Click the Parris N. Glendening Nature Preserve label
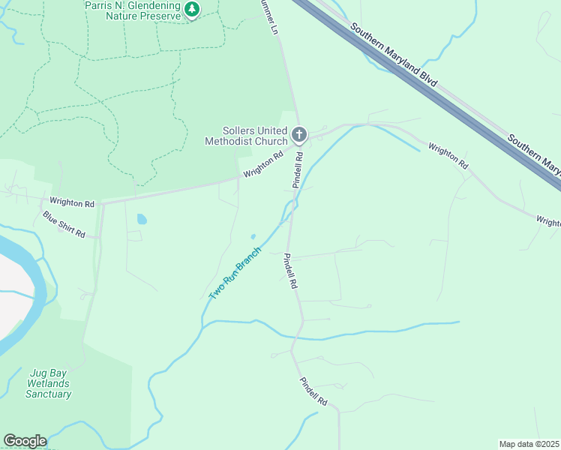(x=132, y=10)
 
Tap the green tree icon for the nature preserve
(x=193, y=9)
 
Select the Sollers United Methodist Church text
(x=246, y=136)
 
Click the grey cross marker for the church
(x=298, y=135)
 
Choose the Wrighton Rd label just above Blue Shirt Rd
(x=72, y=202)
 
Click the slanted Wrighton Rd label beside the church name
(x=262, y=166)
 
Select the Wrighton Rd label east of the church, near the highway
(x=448, y=155)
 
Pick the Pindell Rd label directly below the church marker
(x=298, y=170)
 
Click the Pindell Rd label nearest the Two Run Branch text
(x=289, y=271)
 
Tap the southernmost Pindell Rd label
(x=313, y=391)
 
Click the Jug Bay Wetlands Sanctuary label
(x=49, y=382)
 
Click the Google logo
(x=24, y=441)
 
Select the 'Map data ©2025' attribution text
(x=529, y=443)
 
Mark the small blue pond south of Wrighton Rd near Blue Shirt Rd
(x=142, y=220)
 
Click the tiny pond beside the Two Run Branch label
(x=253, y=236)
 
